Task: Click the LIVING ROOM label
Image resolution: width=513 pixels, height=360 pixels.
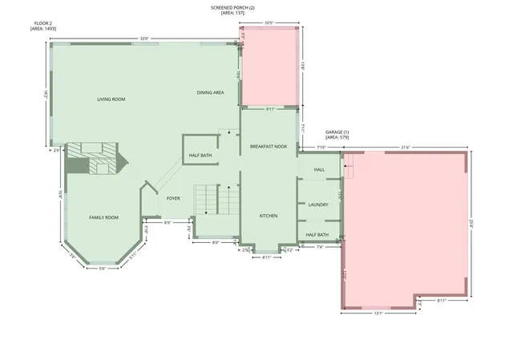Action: [111, 99]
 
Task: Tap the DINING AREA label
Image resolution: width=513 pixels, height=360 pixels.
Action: [210, 93]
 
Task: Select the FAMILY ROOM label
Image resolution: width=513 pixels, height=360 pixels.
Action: [103, 217]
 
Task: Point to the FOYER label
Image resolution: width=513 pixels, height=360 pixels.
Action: [173, 197]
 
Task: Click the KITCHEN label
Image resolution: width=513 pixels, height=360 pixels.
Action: [268, 216]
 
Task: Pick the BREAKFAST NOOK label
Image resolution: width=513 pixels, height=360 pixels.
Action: [268, 147]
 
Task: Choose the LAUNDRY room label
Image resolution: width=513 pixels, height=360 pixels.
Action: [318, 205]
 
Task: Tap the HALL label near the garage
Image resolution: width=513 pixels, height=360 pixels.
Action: [319, 170]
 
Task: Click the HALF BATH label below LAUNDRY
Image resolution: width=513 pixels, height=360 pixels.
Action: [317, 235]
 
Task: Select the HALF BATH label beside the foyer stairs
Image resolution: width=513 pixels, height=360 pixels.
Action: [200, 156]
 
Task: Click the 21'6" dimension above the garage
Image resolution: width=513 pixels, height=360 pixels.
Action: [406, 148]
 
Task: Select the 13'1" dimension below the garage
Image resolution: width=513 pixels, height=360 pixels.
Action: [378, 313]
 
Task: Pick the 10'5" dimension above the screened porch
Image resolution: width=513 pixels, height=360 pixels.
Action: [271, 23]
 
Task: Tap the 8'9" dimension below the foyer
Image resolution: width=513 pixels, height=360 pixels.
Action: [168, 223]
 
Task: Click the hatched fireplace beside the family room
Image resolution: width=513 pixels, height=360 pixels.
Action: [93, 157]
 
